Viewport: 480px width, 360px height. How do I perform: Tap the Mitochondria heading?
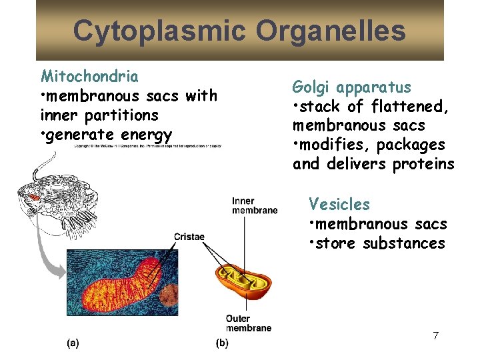(89, 76)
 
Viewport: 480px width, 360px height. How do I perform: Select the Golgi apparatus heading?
(351, 87)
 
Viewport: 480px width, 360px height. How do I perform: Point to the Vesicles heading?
(339, 205)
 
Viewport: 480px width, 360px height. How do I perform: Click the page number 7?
(435, 335)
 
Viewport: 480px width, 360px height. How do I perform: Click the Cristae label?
(189, 237)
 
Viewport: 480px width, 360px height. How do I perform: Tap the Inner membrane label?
(254, 206)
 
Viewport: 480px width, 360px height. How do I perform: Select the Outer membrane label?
(248, 323)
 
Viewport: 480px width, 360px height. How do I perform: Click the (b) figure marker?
(222, 343)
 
